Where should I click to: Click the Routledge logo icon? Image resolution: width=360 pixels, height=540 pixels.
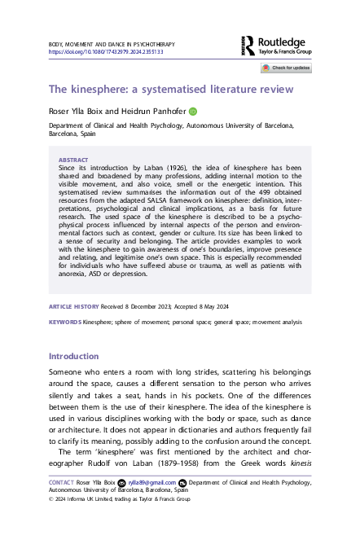(250, 46)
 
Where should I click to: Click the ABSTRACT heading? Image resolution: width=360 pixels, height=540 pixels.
(74, 161)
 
